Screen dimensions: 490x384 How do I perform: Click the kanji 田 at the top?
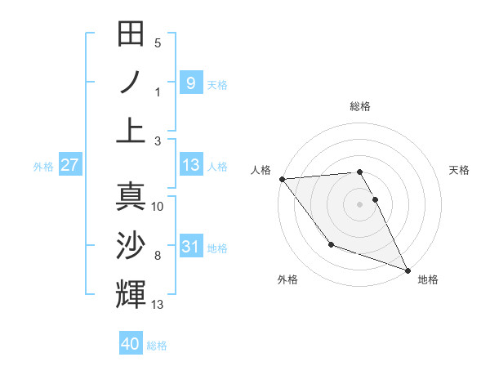[131, 34]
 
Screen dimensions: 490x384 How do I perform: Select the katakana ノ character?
[131, 82]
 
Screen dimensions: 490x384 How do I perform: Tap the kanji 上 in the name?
[131, 129]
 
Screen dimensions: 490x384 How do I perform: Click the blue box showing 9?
[190, 83]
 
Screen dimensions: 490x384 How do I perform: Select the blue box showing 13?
[190, 165]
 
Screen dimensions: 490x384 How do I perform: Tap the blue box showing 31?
[190, 247]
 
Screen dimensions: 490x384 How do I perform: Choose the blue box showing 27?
[69, 165]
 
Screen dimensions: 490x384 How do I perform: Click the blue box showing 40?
[131, 344]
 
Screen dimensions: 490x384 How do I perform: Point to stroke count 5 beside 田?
[158, 43]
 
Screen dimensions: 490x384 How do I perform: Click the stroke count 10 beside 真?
[158, 207]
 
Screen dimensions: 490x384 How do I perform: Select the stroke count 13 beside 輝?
[158, 305]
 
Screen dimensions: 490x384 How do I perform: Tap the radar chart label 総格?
[360, 106]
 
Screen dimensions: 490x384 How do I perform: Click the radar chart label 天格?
[459, 170]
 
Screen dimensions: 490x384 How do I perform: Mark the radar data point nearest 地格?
[408, 270]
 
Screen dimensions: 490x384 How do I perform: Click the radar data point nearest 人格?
[282, 179]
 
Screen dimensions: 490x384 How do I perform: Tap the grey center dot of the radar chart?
[360, 204]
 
